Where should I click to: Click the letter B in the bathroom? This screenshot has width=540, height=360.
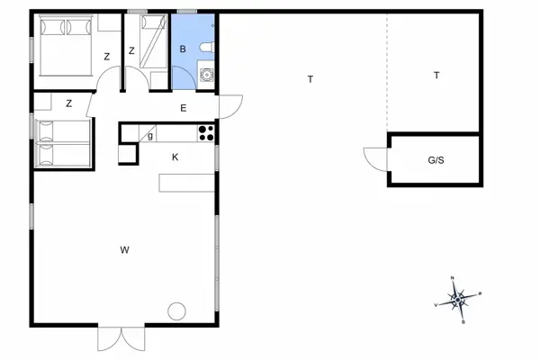pyautogui.click(x=183, y=49)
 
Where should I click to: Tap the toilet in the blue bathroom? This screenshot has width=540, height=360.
pyautogui.click(x=207, y=47)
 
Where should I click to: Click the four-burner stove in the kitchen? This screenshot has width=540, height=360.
pyautogui.click(x=206, y=132)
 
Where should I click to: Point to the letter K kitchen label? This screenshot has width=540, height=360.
pyautogui.click(x=175, y=157)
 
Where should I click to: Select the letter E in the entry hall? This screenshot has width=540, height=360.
pyautogui.click(x=183, y=109)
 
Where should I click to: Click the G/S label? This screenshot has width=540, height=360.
pyautogui.click(x=436, y=160)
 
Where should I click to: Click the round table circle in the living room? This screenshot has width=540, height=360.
pyautogui.click(x=176, y=311)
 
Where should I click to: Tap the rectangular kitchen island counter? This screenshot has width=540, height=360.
pyautogui.click(x=187, y=183)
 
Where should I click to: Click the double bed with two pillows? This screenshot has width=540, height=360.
pyautogui.click(x=64, y=46)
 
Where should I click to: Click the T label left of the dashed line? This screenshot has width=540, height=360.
pyautogui.click(x=310, y=80)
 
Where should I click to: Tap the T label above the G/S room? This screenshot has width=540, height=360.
pyautogui.click(x=436, y=76)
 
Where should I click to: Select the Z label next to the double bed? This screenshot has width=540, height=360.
pyautogui.click(x=107, y=57)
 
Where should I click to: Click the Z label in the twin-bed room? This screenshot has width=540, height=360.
pyautogui.click(x=68, y=103)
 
